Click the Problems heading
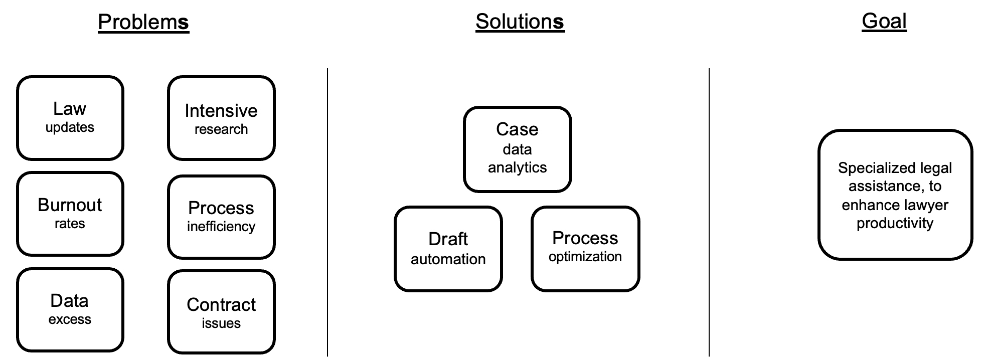[x=143, y=22]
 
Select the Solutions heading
[x=520, y=22]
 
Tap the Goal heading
[x=884, y=21]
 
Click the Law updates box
[x=70, y=118]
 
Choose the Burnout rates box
[x=70, y=214]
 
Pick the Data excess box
[x=70, y=310]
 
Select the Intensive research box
[x=221, y=118]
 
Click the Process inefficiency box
[x=221, y=217]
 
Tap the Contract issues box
[x=221, y=312]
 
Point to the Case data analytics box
[x=517, y=149]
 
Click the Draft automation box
[x=448, y=249]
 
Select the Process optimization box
[x=585, y=249]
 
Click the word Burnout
[x=70, y=205]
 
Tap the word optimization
[x=585, y=257]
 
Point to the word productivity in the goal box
[x=895, y=223]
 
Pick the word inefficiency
[x=221, y=227]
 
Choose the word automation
[x=448, y=259]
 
